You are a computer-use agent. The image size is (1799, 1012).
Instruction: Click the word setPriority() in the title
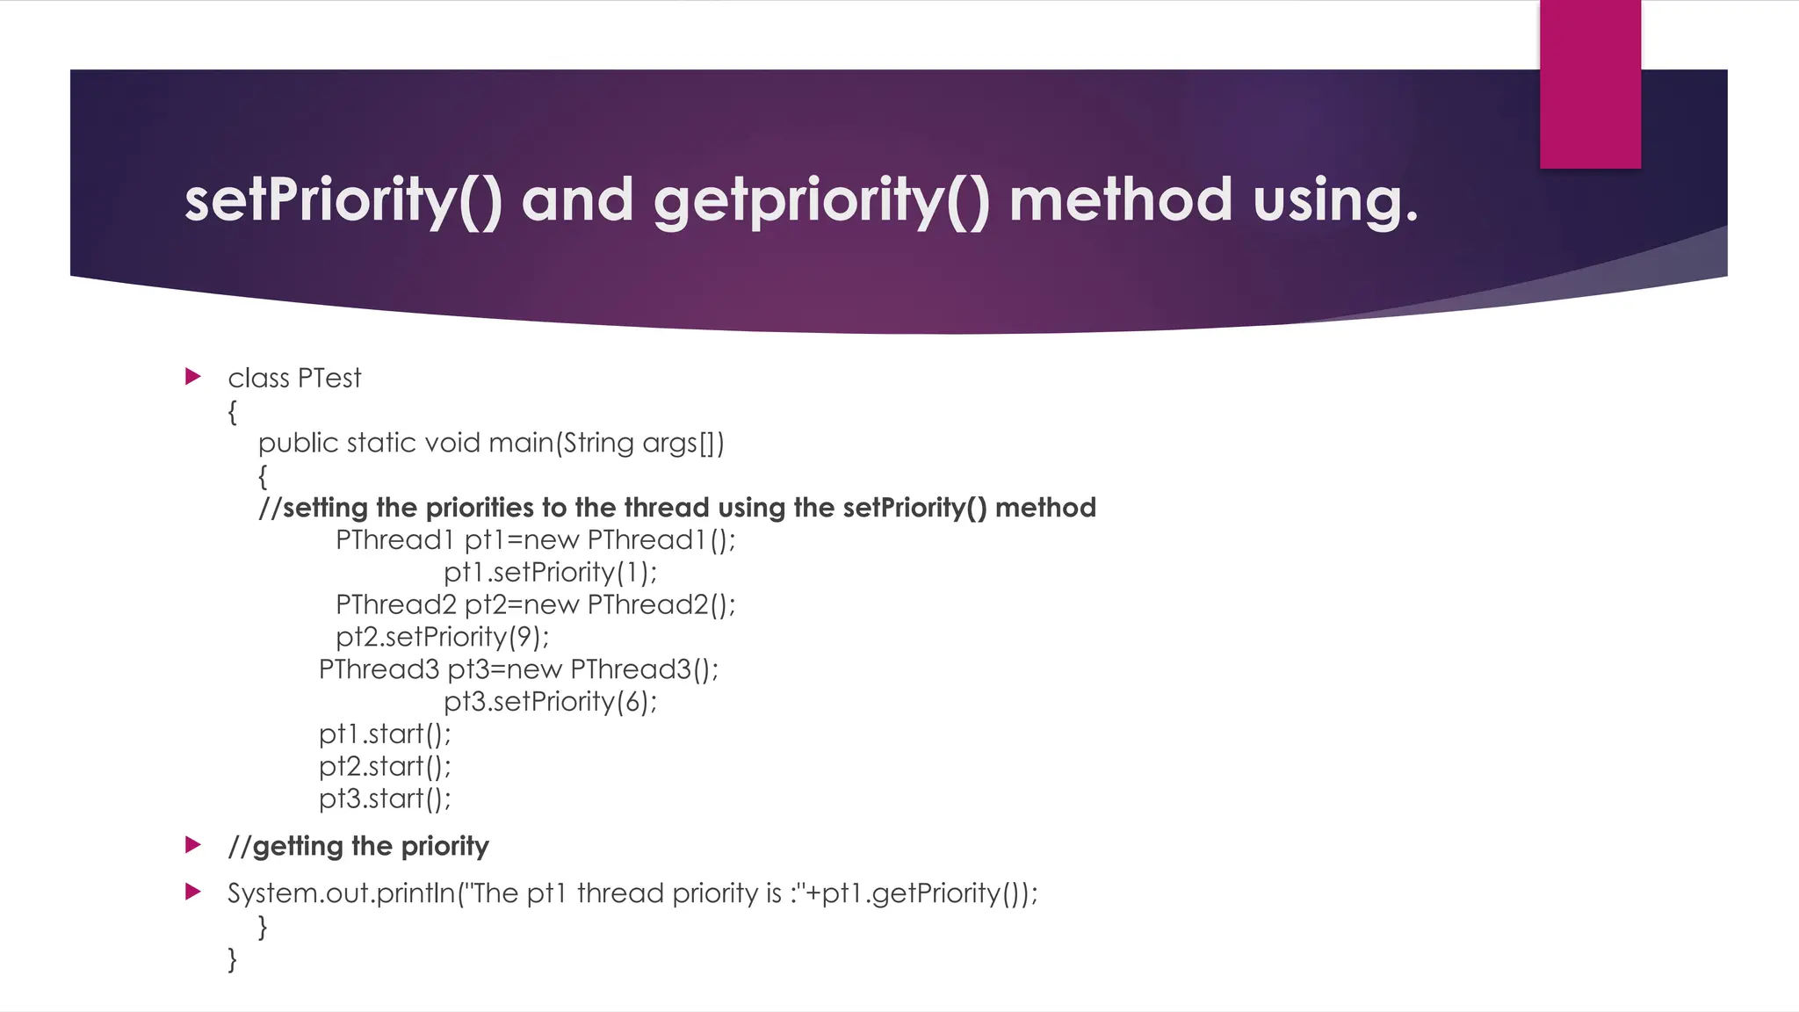(x=343, y=200)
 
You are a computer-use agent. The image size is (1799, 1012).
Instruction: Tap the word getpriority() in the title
(x=821, y=200)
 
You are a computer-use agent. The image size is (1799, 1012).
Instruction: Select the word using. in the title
(x=1335, y=200)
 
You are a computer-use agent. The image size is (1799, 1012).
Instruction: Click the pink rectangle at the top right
(x=1590, y=83)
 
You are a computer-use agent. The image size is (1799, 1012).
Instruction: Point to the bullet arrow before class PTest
(x=193, y=377)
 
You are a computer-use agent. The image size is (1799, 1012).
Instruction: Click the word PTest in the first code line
(x=329, y=378)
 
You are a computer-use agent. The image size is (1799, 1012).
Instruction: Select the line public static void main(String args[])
(x=491, y=443)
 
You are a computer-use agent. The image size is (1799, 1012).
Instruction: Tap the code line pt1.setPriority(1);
(x=550, y=572)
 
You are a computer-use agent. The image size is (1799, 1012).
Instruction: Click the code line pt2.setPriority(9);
(x=442, y=637)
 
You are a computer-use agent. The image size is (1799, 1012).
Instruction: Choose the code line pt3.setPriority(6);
(x=550, y=702)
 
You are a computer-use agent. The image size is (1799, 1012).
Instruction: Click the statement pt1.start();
(x=385, y=734)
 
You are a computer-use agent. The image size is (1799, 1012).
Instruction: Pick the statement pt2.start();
(x=385, y=766)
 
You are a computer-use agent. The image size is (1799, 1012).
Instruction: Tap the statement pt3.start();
(x=385, y=799)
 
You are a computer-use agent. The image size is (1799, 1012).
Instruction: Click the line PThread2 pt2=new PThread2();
(x=535, y=604)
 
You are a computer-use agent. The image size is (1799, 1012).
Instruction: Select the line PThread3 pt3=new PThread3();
(x=518, y=669)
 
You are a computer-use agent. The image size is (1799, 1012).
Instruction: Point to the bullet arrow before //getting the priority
(x=193, y=845)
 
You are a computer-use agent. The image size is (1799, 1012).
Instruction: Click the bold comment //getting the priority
(x=358, y=846)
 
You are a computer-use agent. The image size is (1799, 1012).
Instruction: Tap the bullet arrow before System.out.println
(x=193, y=893)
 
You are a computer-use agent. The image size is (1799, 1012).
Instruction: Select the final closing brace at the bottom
(x=232, y=958)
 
